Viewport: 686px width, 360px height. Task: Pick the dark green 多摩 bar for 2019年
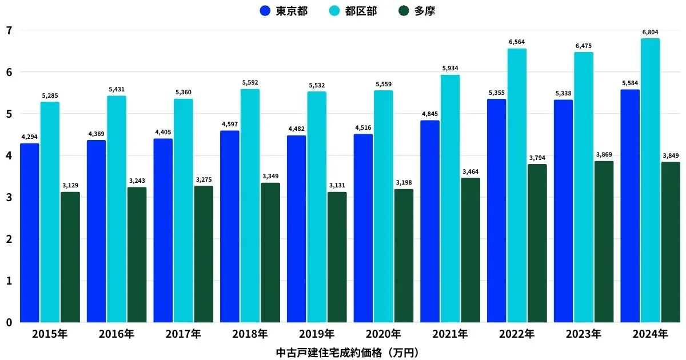pyautogui.click(x=337, y=257)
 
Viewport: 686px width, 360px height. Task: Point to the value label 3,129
pyautogui.click(x=70, y=186)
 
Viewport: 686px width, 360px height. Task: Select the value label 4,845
pyautogui.click(x=430, y=114)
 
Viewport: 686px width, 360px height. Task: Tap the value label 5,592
pyautogui.click(x=250, y=83)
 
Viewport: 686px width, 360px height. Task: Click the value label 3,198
pyautogui.click(x=404, y=183)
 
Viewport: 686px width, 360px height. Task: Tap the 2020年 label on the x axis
pyautogui.click(x=384, y=334)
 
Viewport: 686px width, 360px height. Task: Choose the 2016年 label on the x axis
pyautogui.click(x=117, y=334)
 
